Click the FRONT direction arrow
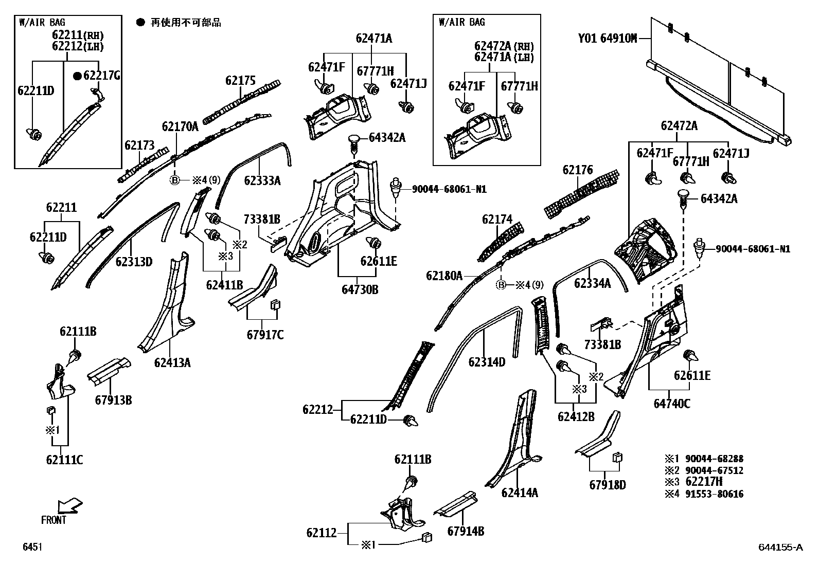70,506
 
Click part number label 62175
240,80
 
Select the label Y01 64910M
607,38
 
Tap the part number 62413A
172,362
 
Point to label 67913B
113,400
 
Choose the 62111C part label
64,460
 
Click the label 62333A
262,180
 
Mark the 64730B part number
360,290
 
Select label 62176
578,170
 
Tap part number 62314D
487,362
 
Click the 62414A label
520,493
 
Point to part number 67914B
466,532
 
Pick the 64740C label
672,404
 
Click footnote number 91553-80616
715,494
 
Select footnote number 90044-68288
715,459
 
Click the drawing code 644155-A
780,547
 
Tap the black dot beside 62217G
77,76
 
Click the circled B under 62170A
175,180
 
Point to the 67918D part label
608,485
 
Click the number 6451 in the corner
32,546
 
